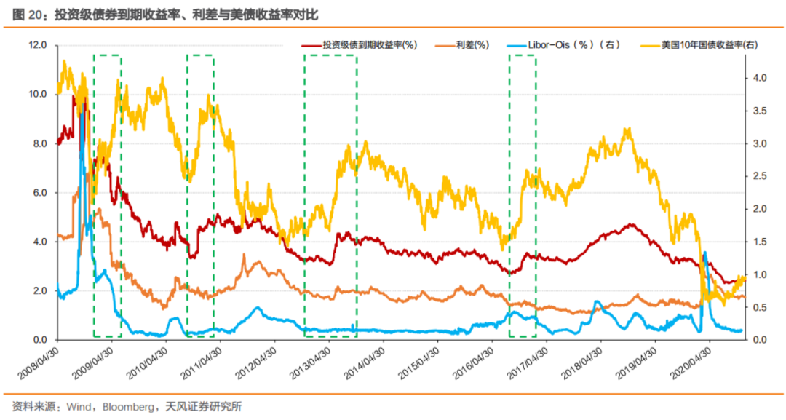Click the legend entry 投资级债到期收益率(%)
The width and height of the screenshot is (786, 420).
pos(369,45)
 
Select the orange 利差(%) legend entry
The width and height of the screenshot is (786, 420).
pos(472,45)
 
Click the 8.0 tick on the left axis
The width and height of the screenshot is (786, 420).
pos(39,143)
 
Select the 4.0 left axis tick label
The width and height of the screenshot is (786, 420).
pos(39,242)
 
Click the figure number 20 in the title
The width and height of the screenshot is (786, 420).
pos(34,14)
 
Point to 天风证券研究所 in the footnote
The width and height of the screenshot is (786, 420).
pos(199,406)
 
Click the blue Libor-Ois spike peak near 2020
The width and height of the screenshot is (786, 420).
pos(704,253)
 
